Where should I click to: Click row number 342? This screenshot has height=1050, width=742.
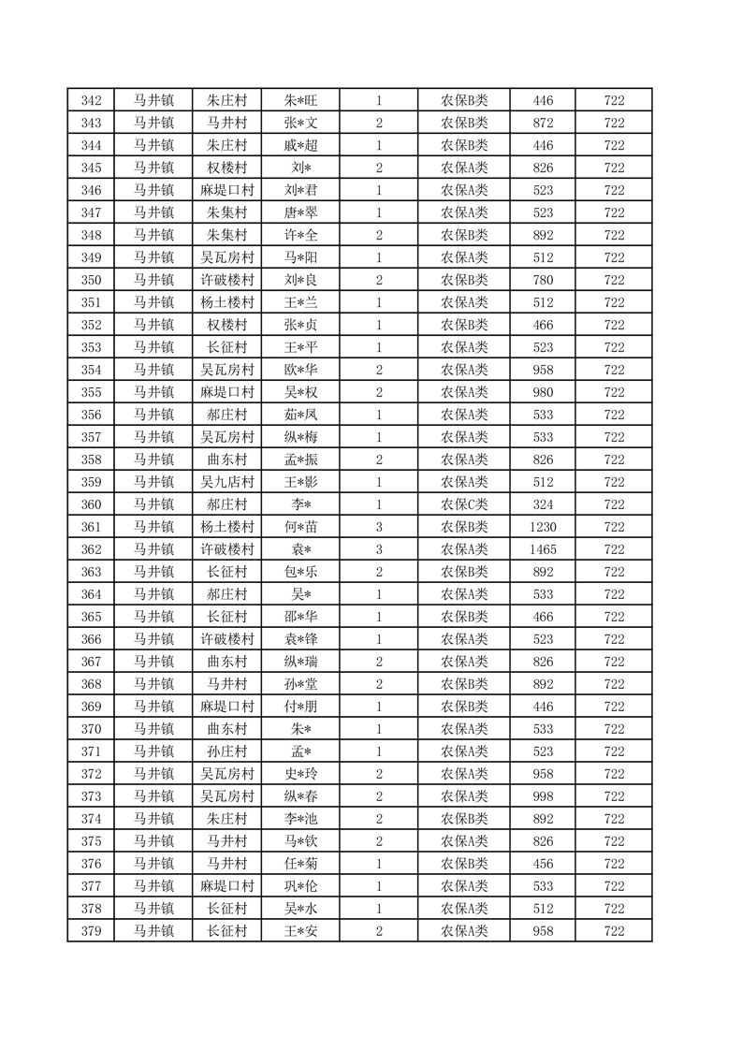(91, 100)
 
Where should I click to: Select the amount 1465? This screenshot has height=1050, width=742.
(543, 549)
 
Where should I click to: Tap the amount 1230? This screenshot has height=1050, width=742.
(543, 527)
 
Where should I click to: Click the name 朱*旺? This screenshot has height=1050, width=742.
(301, 100)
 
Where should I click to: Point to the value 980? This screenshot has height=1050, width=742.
(543, 392)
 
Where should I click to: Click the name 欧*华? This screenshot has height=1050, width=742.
(301, 370)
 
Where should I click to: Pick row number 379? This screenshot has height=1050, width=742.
(91, 931)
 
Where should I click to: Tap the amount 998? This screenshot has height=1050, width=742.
(543, 796)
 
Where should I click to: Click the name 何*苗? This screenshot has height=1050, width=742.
(301, 527)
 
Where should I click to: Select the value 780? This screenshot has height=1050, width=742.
(543, 280)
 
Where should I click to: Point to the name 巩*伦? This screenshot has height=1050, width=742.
(301, 886)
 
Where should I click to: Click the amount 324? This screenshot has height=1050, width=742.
(543, 504)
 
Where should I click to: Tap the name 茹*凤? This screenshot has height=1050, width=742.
(301, 415)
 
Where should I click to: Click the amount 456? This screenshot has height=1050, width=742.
(543, 864)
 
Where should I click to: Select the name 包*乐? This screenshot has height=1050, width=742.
(301, 572)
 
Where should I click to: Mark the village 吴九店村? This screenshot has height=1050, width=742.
(226, 482)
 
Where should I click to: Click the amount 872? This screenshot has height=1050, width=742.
(543, 123)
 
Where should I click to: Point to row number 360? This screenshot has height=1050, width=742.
(91, 504)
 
